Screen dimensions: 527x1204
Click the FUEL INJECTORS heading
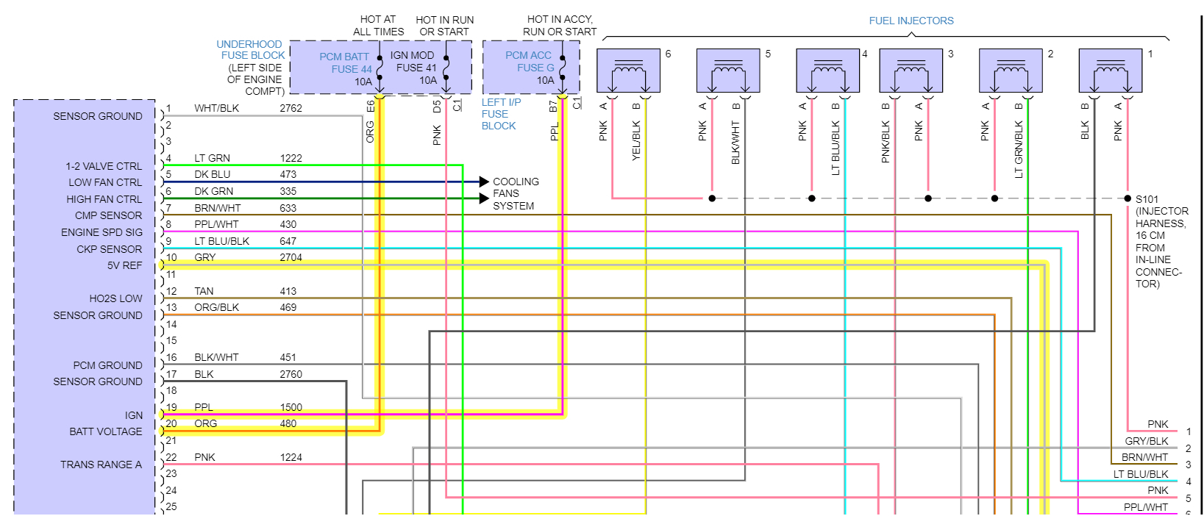point(911,21)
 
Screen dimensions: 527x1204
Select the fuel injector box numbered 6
point(627,71)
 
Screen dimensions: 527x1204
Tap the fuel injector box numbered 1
point(1110,71)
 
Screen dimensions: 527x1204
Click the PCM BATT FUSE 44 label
point(346,63)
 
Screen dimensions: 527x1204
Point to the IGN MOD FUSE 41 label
point(413,62)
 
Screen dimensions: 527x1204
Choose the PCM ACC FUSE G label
point(529,62)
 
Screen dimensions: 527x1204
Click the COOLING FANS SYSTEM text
point(515,193)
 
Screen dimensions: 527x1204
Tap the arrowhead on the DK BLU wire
point(483,182)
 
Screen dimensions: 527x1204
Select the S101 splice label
point(1147,199)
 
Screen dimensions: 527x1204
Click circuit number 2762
point(291,108)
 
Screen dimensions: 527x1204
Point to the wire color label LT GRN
point(212,158)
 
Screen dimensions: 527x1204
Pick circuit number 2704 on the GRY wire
point(291,257)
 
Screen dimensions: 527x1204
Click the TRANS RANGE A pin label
point(101,465)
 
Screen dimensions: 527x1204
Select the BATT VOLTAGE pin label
point(105,431)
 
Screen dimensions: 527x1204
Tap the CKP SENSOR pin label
point(109,249)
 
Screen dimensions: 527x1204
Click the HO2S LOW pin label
point(115,298)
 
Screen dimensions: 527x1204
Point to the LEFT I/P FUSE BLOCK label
point(500,114)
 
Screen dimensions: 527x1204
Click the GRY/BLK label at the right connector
point(1146,441)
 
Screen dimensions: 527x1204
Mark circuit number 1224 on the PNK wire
point(291,457)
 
